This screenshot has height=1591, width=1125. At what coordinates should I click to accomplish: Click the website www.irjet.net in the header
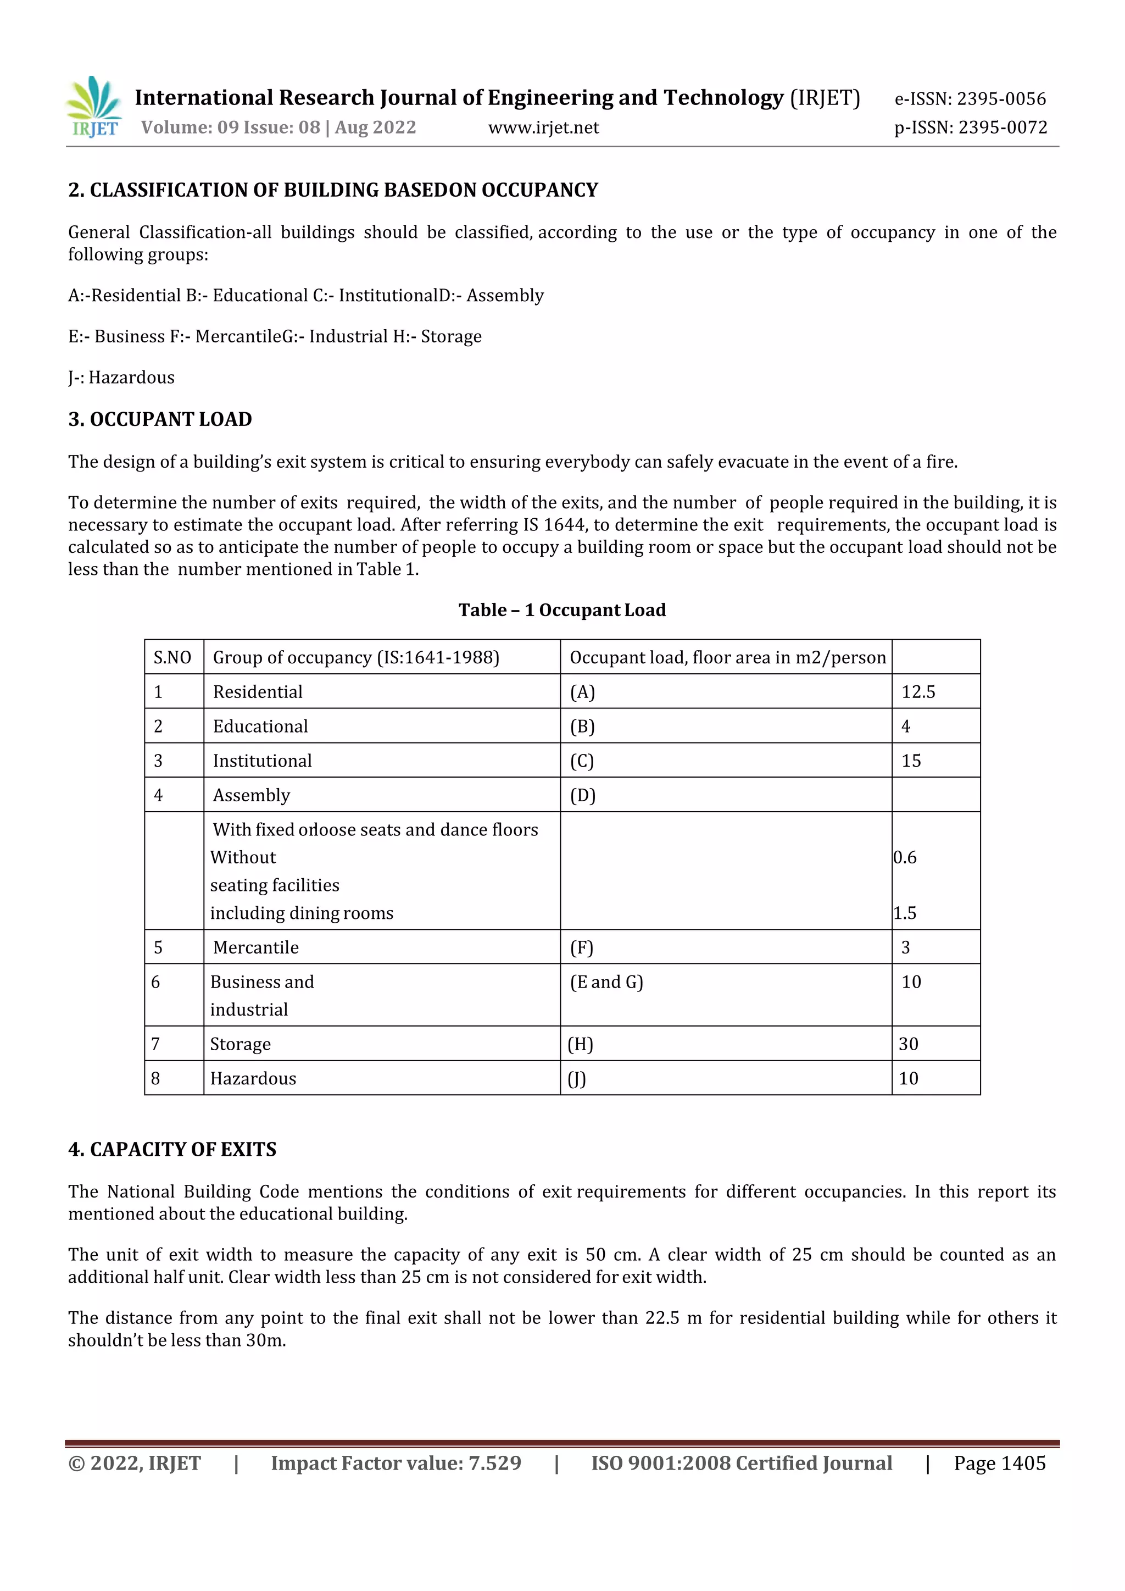click(x=543, y=127)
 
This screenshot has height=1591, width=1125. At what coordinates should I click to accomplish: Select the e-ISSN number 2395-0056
click(x=1001, y=99)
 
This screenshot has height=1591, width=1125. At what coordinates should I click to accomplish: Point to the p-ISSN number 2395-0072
click(x=1003, y=127)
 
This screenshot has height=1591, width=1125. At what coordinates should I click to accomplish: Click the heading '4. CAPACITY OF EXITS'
click(x=172, y=1150)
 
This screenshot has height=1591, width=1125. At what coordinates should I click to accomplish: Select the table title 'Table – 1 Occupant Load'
click(x=562, y=610)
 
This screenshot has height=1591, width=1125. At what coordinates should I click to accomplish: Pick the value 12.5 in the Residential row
click(x=918, y=691)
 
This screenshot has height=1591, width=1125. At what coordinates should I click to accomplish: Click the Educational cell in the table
click(x=260, y=726)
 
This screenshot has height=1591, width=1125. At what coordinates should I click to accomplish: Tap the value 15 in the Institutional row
click(x=911, y=761)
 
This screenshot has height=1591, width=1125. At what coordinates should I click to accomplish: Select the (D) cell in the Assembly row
click(x=583, y=796)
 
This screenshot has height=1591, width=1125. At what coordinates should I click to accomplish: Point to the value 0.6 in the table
click(x=905, y=857)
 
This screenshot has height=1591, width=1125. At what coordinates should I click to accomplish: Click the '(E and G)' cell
click(x=606, y=982)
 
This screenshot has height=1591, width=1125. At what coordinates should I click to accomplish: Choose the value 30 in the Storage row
click(x=908, y=1044)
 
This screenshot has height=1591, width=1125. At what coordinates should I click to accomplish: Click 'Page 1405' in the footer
click(x=1000, y=1463)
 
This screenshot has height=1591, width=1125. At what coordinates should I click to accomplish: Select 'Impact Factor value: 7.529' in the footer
click(x=396, y=1463)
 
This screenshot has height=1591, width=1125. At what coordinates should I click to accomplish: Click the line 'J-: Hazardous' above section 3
click(x=121, y=378)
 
